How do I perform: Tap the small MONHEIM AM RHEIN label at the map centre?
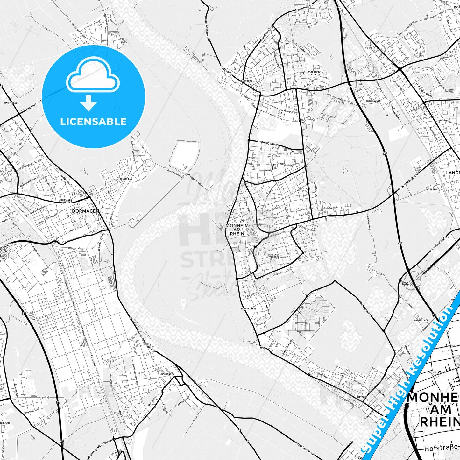tap(237, 230)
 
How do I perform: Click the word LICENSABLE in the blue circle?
tap(93, 122)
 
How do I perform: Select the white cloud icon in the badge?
tap(93, 75)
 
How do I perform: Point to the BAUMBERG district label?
tap(246, 81)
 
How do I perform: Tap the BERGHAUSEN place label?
tap(373, 101)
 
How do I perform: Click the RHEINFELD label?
tap(125, 179)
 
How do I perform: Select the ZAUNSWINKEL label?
tap(248, 309)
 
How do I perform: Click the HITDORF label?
tap(362, 397)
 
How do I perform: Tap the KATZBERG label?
tap(431, 189)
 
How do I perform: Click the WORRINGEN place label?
tap(168, 374)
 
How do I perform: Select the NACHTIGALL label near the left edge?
tap(11, 103)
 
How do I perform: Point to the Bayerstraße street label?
tap(75, 248)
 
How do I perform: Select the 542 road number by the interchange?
tap(405, 283)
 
